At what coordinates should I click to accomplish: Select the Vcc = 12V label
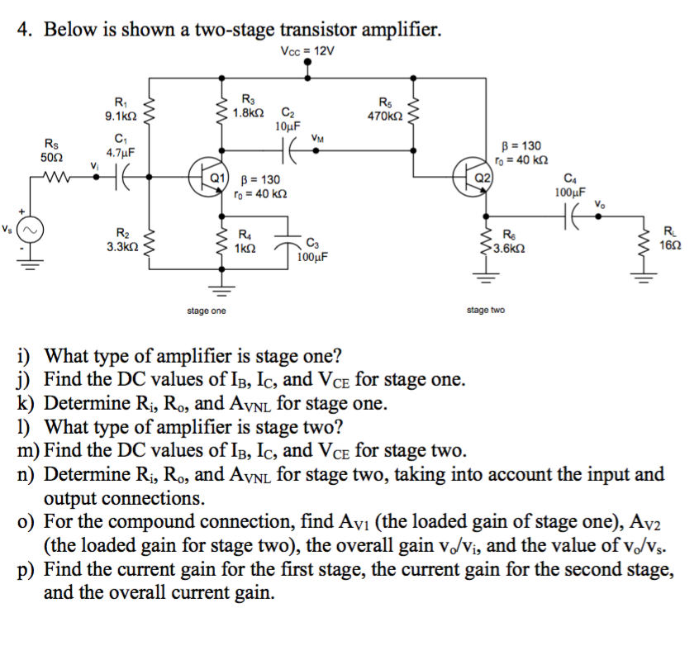308,52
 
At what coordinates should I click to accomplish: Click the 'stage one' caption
207,311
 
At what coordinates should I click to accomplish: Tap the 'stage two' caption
486,311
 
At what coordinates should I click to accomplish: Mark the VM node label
317,139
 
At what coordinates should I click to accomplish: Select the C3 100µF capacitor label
311,249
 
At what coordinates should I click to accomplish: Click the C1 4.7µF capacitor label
121,144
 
